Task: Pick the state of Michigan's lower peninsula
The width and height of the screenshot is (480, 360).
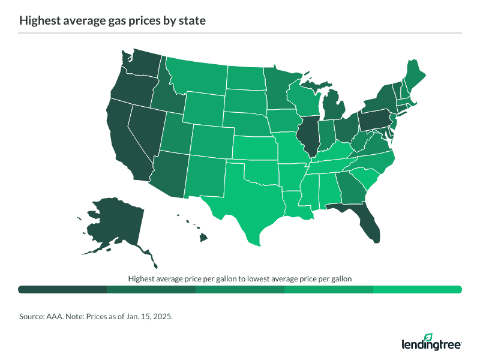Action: pos(334,108)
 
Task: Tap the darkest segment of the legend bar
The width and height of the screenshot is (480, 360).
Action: pos(62,290)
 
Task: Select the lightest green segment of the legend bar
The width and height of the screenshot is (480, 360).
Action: pos(417,290)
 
